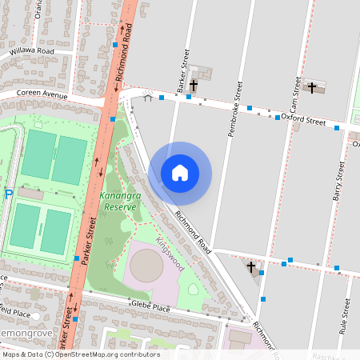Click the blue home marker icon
pyautogui.click(x=180, y=173)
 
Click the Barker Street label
pyautogui.click(x=183, y=70)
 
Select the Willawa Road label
pyautogui.click(x=32, y=52)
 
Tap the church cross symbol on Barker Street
pyautogui.click(x=194, y=84)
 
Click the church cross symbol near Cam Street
pyautogui.click(x=312, y=86)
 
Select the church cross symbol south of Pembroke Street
pyautogui.click(x=251, y=267)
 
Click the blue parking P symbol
pyautogui.click(x=9, y=195)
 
